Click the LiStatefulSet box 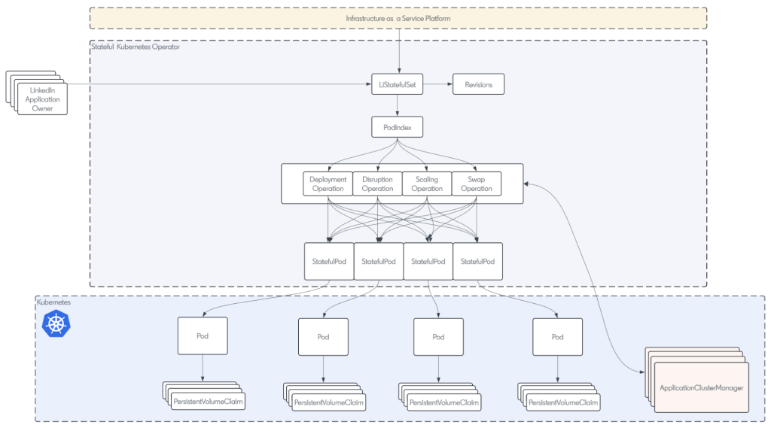click(x=398, y=85)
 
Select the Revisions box click(x=478, y=85)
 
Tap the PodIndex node click(x=398, y=128)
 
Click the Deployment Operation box click(x=328, y=184)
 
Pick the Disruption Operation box click(x=377, y=184)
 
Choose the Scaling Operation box click(x=427, y=184)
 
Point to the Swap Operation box click(x=477, y=184)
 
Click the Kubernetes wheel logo click(x=56, y=324)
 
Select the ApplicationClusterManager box click(x=702, y=387)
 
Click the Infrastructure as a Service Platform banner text click(x=398, y=18)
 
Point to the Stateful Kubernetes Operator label click(x=136, y=47)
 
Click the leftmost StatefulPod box click(x=329, y=261)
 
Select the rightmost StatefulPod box click(x=478, y=261)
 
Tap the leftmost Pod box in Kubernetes click(x=203, y=336)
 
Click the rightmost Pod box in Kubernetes click(x=557, y=337)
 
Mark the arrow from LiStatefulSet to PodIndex click(x=398, y=106)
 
